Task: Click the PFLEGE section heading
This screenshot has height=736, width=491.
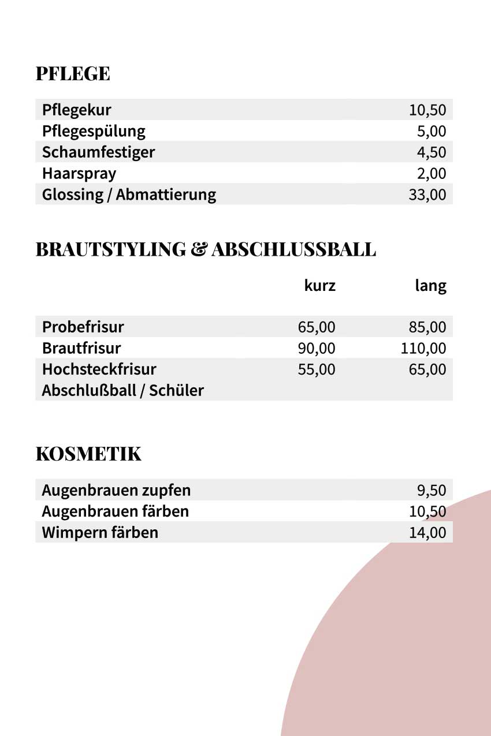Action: (73, 74)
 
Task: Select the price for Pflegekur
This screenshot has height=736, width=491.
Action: (427, 110)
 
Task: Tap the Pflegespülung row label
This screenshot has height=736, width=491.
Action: (94, 132)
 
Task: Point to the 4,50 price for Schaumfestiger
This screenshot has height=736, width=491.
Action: (432, 152)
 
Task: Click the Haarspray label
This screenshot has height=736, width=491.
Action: (79, 174)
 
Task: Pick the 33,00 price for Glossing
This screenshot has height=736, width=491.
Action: (427, 195)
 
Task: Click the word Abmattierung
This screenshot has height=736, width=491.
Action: (166, 195)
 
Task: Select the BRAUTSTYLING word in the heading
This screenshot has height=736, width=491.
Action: (110, 249)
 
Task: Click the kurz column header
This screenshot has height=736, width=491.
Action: (320, 285)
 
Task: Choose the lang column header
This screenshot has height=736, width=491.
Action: (431, 285)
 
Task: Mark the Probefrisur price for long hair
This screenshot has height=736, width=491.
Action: (427, 327)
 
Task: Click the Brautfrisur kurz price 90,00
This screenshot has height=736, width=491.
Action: (317, 349)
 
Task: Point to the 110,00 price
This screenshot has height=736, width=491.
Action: (423, 349)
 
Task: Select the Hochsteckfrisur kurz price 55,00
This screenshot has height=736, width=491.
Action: (317, 369)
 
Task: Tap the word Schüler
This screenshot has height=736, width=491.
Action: (176, 391)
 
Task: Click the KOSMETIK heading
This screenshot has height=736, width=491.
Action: (88, 454)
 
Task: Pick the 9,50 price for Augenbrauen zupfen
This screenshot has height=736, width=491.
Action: (432, 491)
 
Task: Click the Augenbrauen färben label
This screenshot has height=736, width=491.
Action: (116, 511)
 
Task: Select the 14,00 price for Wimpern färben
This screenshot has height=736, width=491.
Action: (427, 532)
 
